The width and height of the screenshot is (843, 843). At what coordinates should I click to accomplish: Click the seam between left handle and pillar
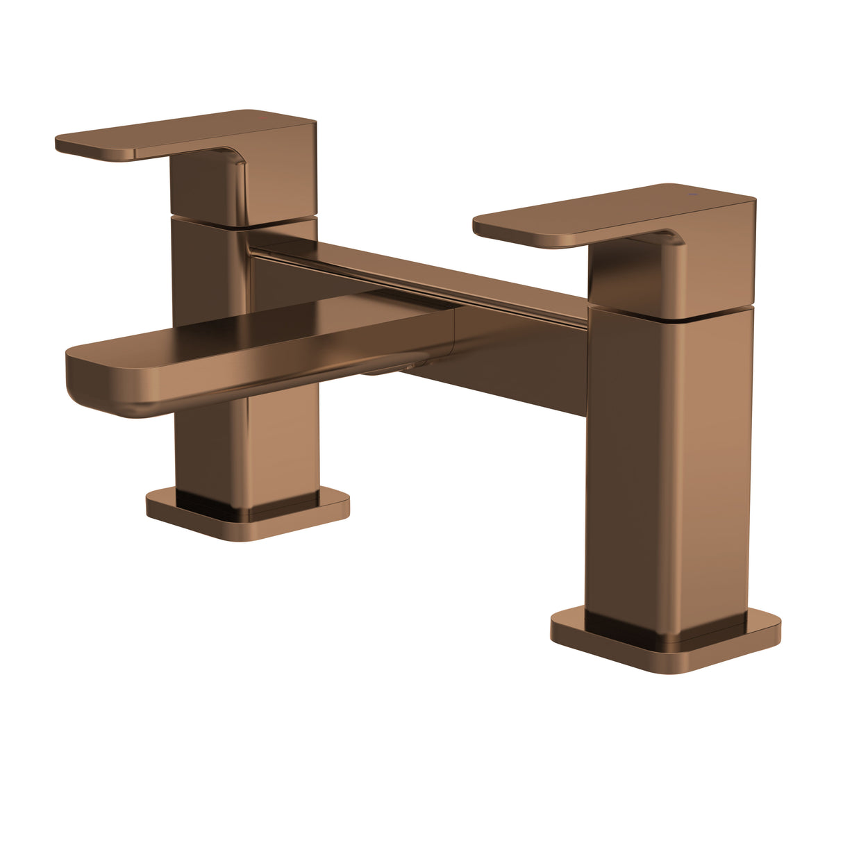tap(208, 220)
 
